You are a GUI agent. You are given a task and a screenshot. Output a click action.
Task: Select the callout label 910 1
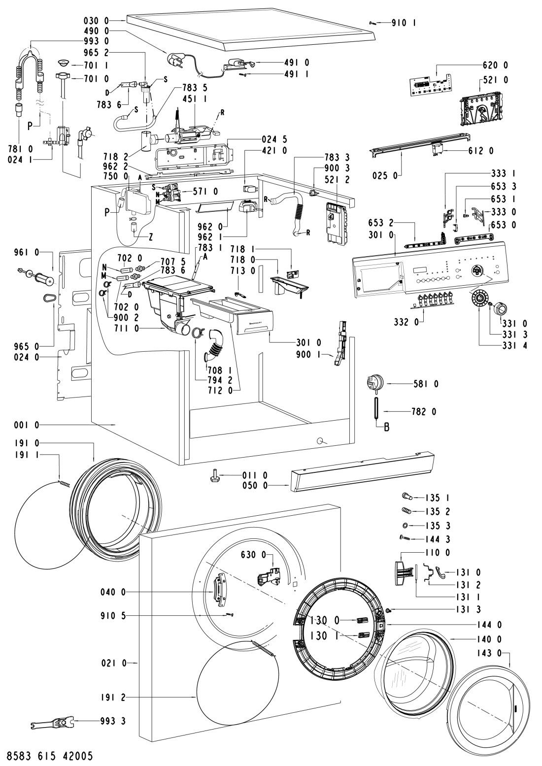click(403, 22)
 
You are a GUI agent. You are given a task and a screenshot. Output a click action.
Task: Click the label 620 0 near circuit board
click(497, 65)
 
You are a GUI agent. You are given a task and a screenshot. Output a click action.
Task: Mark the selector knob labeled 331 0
click(500, 309)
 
